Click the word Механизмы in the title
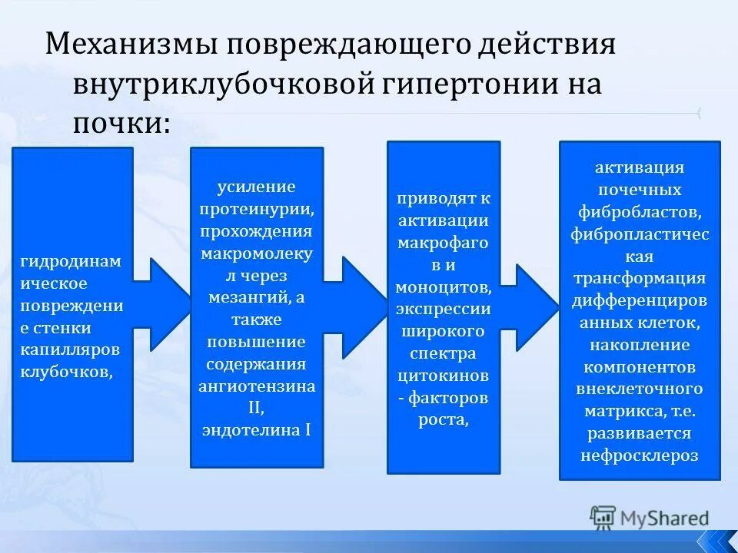click(x=128, y=45)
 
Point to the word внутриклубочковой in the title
click(x=222, y=84)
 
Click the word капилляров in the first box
click(x=71, y=350)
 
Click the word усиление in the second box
click(x=256, y=187)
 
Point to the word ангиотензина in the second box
click(x=257, y=386)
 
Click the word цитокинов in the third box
click(x=444, y=376)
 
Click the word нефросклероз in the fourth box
click(x=640, y=455)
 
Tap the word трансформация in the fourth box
click(x=640, y=277)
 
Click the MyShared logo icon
click(x=603, y=517)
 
